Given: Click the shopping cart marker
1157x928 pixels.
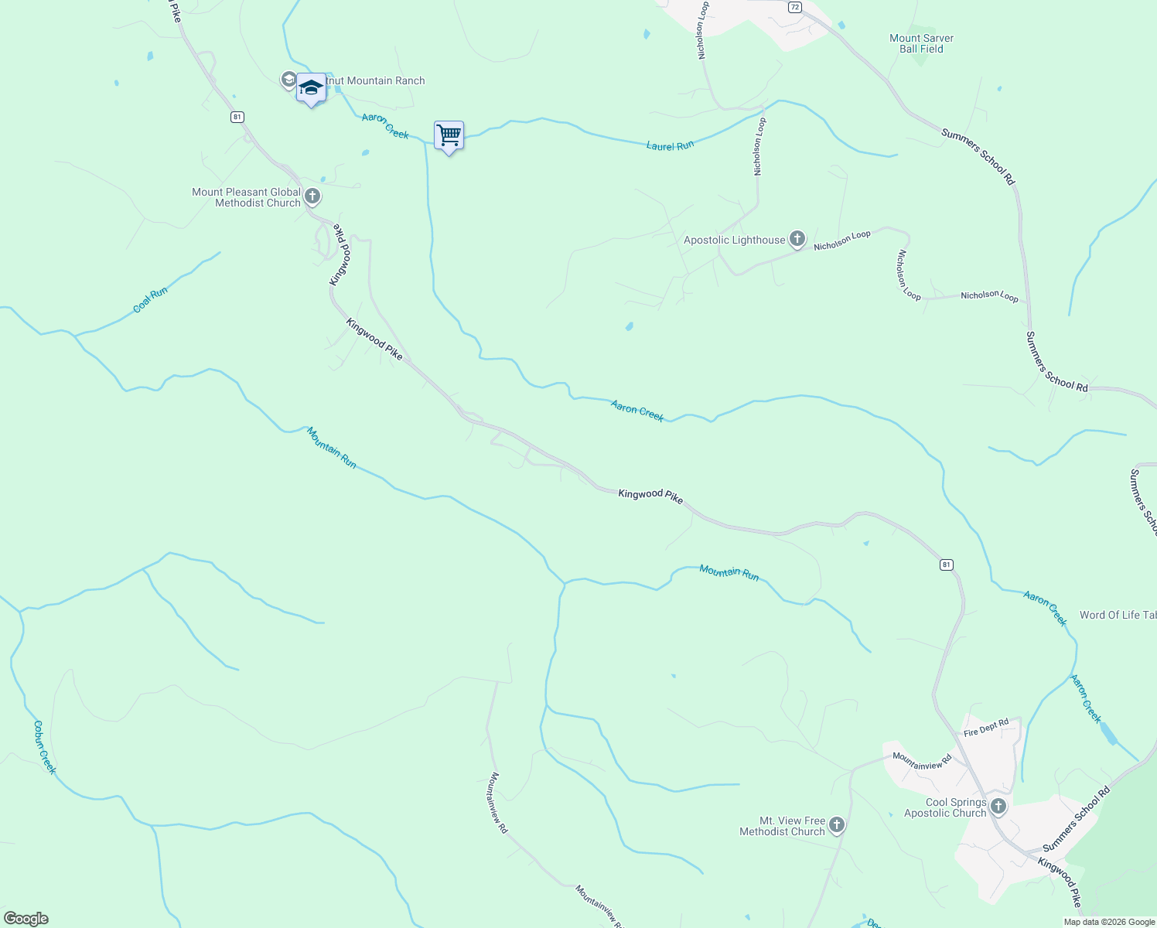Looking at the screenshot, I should (449, 136).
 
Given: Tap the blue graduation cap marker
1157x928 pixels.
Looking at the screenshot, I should (311, 88).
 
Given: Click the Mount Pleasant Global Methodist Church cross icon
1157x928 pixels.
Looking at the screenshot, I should (312, 196).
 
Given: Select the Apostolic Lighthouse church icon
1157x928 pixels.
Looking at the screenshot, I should (797, 240).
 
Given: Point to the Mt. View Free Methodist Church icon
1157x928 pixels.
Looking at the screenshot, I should (836, 826).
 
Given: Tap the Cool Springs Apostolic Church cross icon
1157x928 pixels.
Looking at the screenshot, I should (998, 807).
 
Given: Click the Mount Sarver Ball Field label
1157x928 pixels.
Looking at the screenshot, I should (921, 43).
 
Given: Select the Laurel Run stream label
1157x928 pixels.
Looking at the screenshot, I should (670, 145).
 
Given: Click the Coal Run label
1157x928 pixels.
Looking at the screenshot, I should (150, 300).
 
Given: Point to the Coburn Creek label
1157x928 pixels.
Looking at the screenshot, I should (44, 747).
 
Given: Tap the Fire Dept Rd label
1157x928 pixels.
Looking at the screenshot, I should (986, 728).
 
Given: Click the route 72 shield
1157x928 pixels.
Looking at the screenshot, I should (795, 7).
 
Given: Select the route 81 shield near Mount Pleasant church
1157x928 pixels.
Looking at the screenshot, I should (237, 117).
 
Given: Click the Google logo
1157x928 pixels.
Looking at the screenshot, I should (26, 919).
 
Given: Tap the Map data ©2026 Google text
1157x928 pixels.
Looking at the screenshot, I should (1109, 922).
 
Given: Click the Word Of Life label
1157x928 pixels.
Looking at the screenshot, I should (1118, 615).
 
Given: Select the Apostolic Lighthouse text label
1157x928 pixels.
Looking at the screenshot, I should (734, 240).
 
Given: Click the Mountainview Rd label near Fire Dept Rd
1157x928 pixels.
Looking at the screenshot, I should (922, 760).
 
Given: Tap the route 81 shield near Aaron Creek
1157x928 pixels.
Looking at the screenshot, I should (947, 565).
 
